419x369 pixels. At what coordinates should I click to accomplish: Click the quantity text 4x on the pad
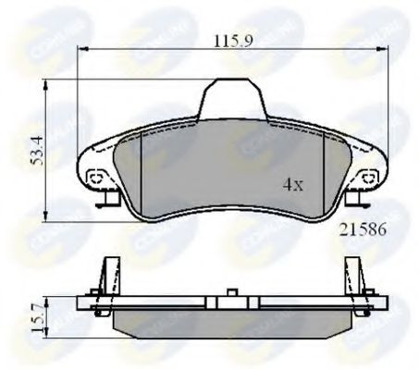(x=292, y=184)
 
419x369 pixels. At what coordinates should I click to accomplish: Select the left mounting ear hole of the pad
(x=92, y=177)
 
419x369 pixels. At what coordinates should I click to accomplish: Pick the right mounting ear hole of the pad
(x=368, y=176)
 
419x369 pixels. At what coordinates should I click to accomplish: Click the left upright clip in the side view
(x=109, y=274)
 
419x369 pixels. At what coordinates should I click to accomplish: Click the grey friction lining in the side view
(x=231, y=323)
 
